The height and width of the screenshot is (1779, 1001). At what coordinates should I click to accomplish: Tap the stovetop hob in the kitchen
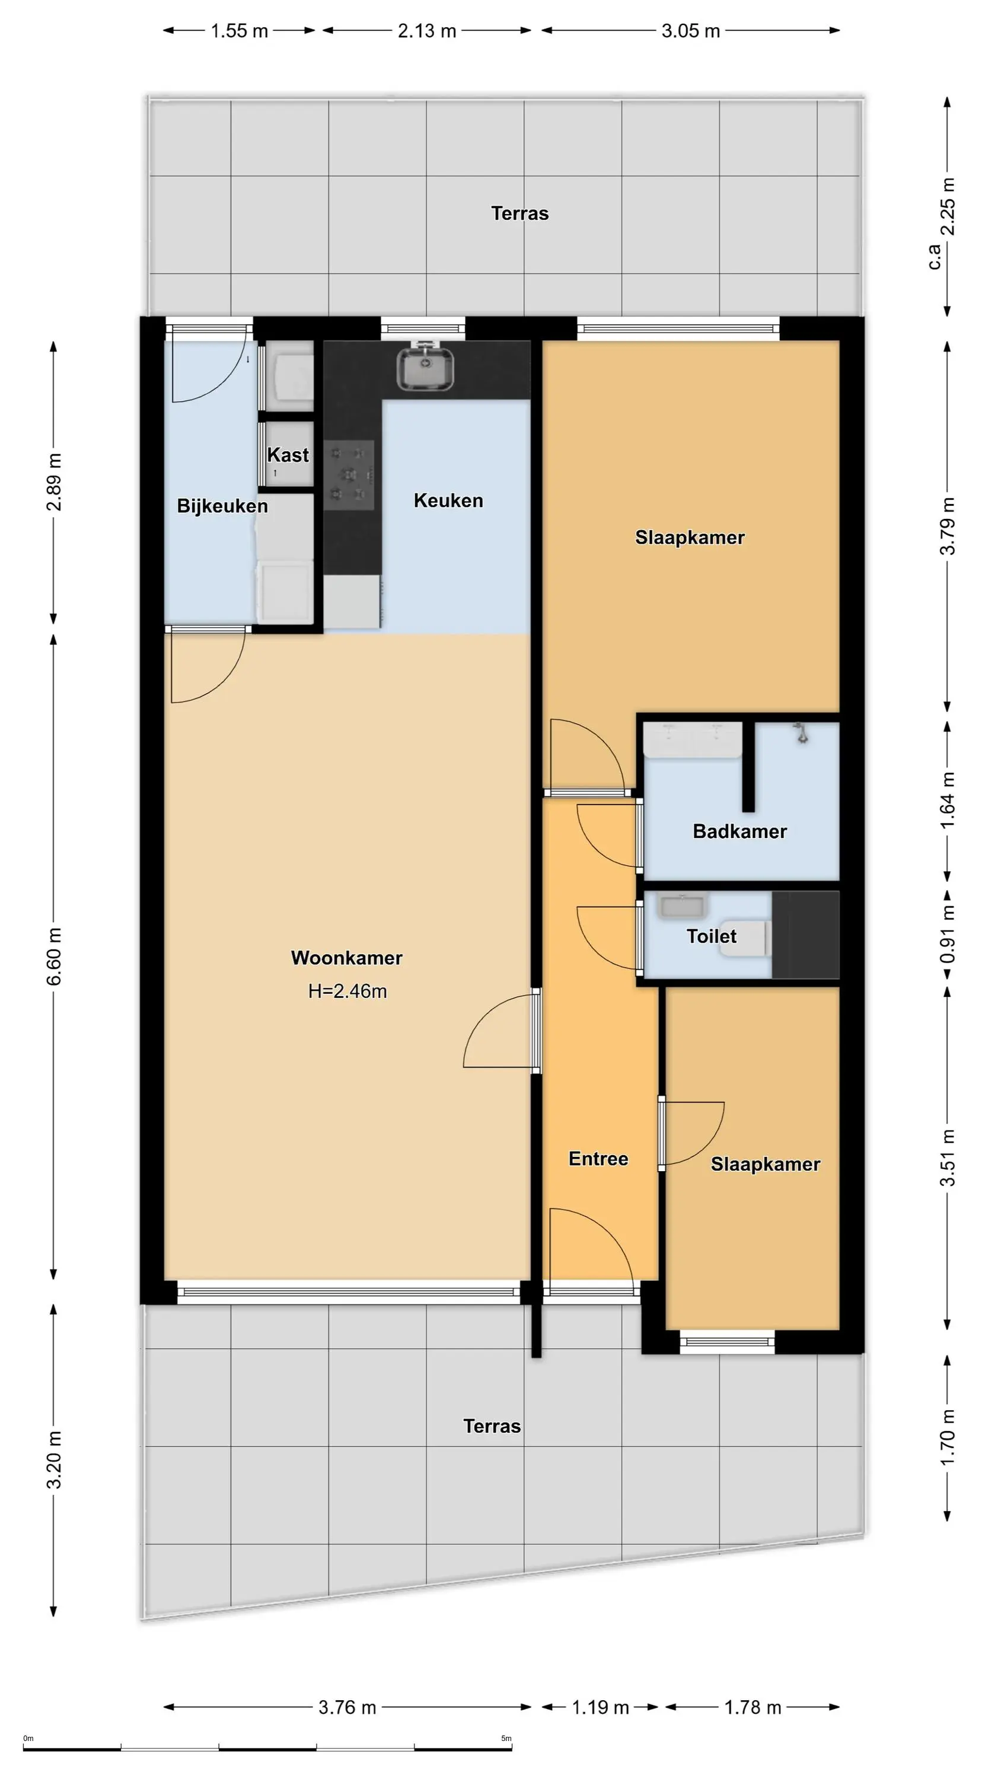point(349,475)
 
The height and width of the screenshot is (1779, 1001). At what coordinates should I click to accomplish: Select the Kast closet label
point(288,455)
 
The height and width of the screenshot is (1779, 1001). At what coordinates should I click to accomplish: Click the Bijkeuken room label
point(222,506)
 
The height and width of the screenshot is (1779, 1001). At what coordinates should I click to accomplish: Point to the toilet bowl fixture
point(744,938)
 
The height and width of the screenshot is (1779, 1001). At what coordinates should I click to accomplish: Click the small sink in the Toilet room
point(683,906)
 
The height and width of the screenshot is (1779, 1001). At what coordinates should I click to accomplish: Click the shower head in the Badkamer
point(801,733)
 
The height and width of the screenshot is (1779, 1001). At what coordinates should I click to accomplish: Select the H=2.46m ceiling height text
point(348,991)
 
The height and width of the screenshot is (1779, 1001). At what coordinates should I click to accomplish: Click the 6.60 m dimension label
point(55,957)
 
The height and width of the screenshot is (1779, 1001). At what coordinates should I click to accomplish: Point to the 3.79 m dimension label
point(948,526)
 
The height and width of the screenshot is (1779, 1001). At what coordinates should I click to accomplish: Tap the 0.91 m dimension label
point(948,935)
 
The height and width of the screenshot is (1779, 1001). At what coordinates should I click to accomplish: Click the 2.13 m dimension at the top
point(427,31)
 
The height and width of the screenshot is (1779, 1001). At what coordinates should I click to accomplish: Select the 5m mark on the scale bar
point(506,1738)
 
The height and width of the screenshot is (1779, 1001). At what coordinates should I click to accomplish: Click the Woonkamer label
point(347,958)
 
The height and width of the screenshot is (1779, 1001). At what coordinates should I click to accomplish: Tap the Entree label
point(598,1159)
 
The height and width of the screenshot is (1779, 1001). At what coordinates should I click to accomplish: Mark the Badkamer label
point(740,831)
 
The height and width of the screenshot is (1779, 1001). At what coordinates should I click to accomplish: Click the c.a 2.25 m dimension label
point(942,223)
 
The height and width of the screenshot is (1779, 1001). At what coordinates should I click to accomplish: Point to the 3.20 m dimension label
point(55,1460)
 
